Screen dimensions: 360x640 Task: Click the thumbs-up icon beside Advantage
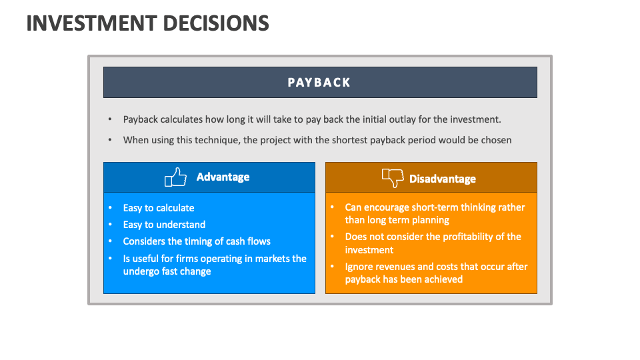click(175, 177)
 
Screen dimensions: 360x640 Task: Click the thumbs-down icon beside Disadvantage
click(393, 178)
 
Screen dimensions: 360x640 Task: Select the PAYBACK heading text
click(319, 83)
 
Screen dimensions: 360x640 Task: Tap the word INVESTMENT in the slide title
click(87, 23)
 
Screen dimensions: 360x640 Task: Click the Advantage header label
click(223, 177)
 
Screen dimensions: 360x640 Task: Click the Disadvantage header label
click(443, 179)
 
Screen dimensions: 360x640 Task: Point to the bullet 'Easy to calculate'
click(159, 208)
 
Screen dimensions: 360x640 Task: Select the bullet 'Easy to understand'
click(164, 225)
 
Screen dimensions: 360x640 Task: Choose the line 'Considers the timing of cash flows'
click(197, 241)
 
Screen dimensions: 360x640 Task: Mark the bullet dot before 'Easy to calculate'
click(110, 208)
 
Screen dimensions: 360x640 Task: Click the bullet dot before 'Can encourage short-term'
click(332, 207)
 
